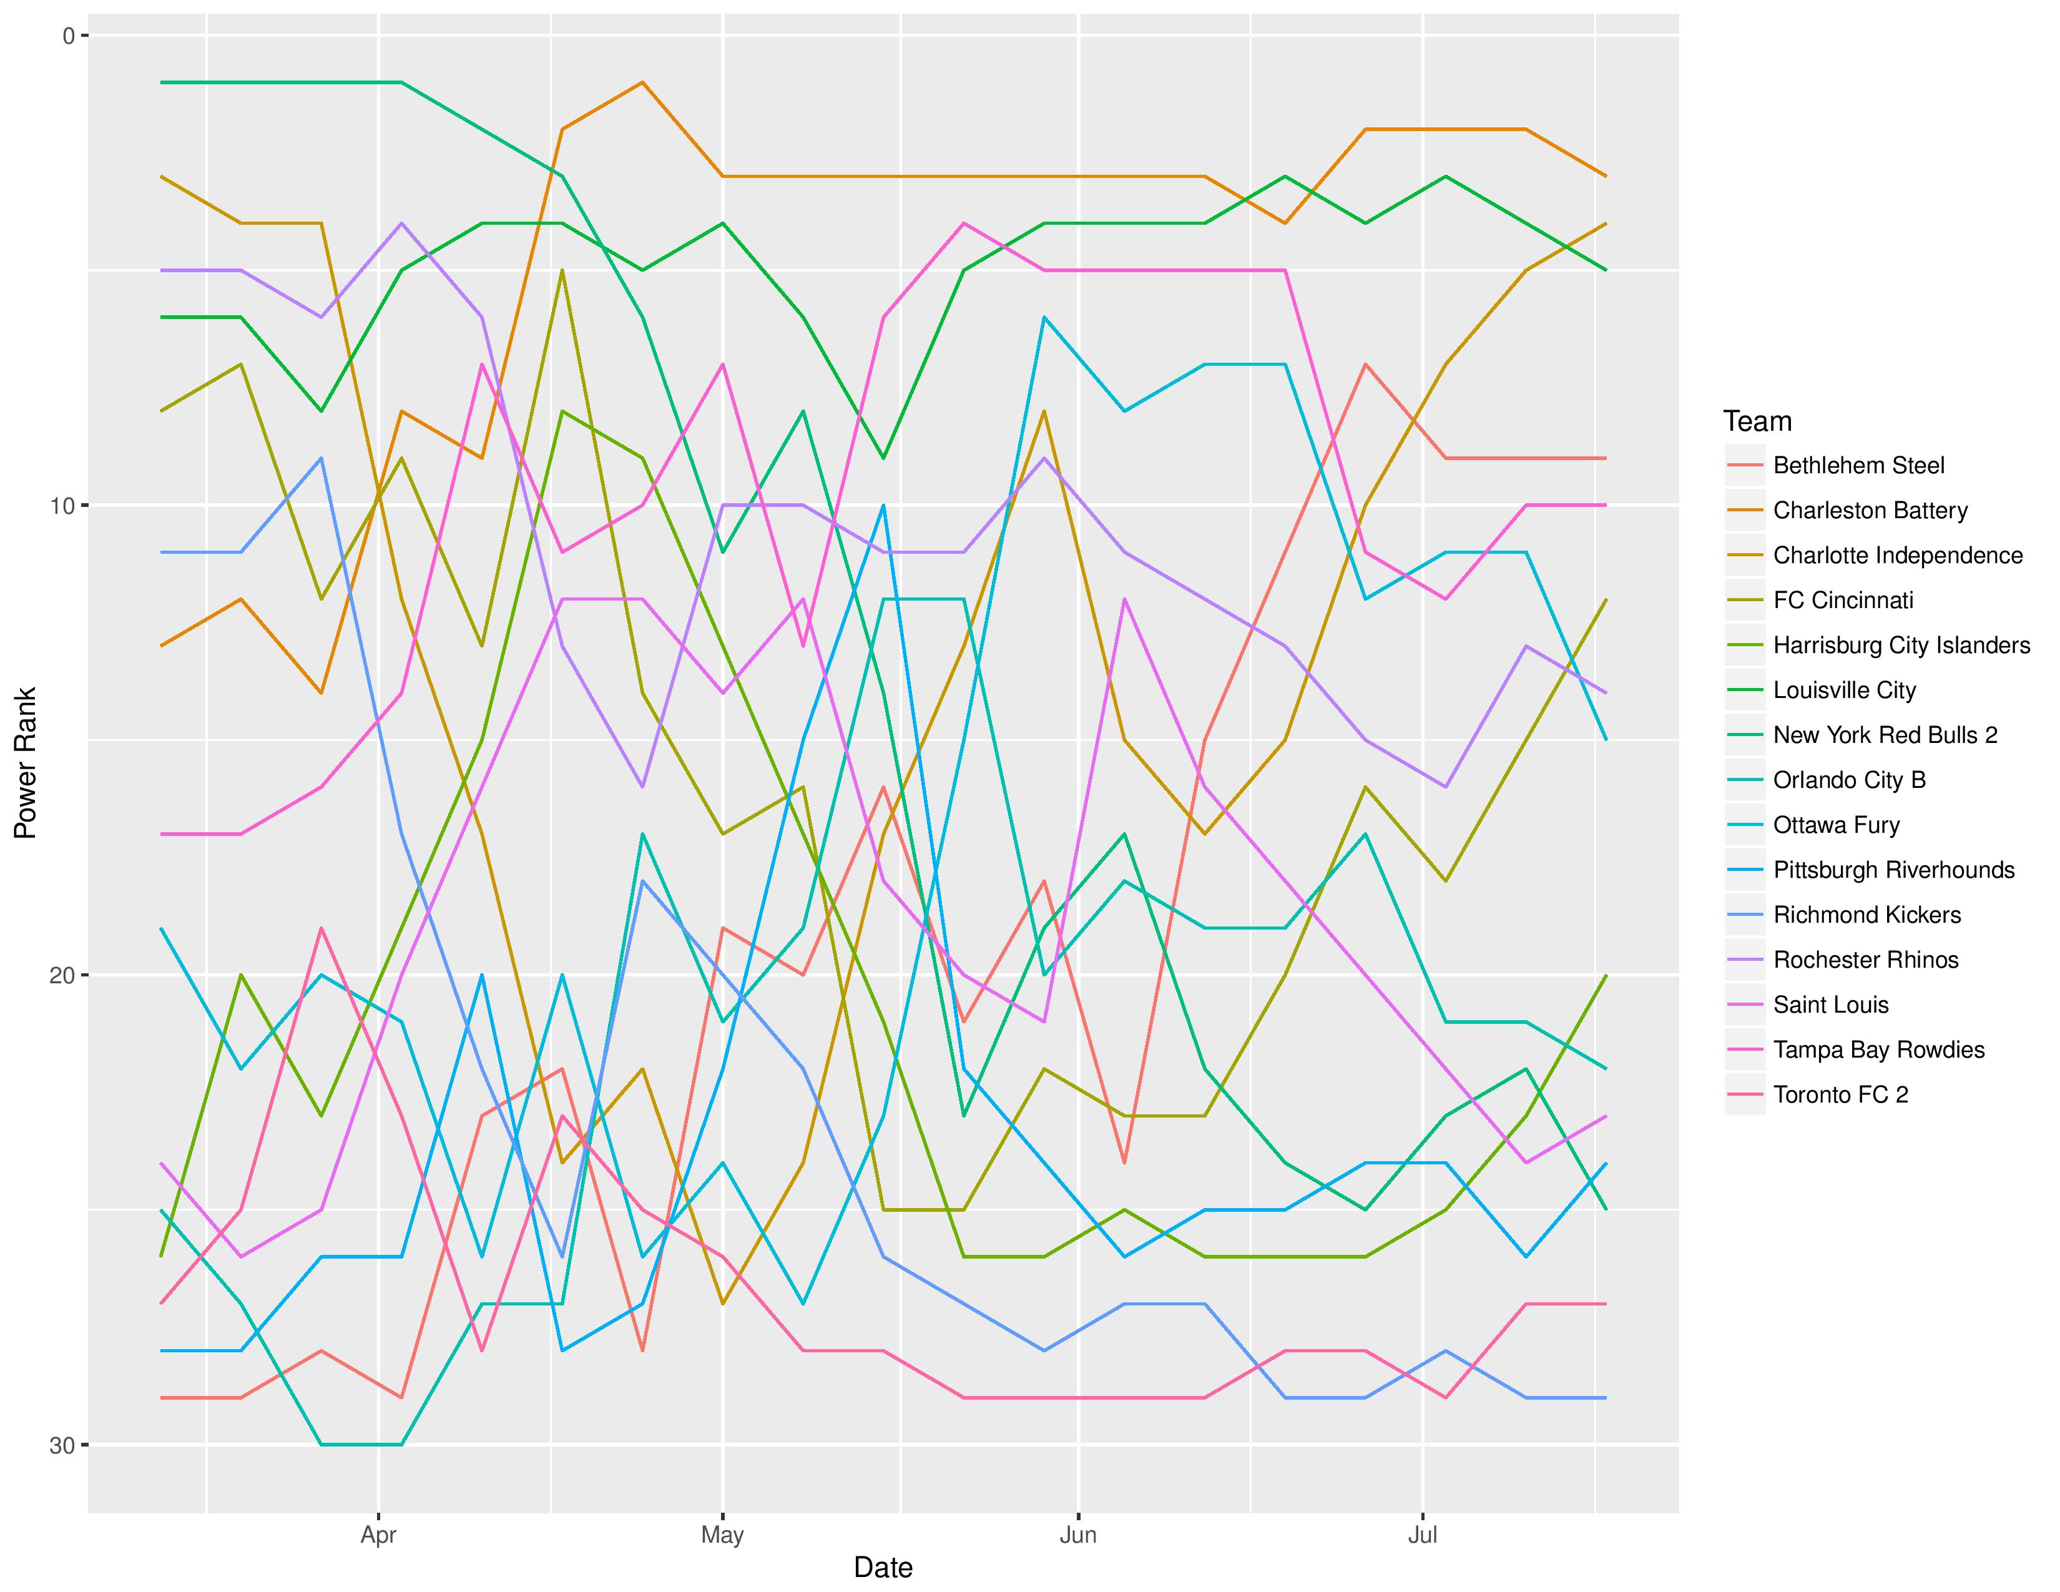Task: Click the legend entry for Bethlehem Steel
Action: click(1858, 465)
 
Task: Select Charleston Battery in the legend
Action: click(1870, 510)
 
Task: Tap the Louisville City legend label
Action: click(1844, 690)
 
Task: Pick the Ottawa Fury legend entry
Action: click(1835, 825)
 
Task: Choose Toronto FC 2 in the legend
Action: click(1840, 1095)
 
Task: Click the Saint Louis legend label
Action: click(1830, 1005)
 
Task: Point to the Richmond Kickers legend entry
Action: click(1866, 915)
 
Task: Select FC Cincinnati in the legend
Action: click(1843, 601)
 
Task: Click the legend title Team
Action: click(1756, 421)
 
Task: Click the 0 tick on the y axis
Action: click(69, 36)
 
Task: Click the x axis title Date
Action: click(883, 1568)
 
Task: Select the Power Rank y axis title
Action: click(26, 762)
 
